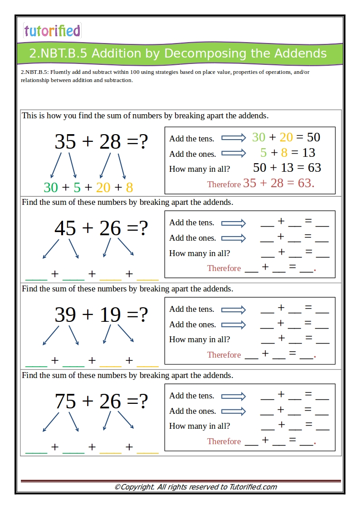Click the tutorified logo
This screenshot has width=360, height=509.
(x=52, y=30)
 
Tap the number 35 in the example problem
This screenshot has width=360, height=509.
(x=65, y=142)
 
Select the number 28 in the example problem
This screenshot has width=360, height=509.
(x=110, y=142)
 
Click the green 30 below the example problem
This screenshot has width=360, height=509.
(x=51, y=187)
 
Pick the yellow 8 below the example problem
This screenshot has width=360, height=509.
(x=129, y=187)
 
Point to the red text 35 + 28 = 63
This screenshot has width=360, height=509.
(x=278, y=183)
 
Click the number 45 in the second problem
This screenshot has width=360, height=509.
(x=65, y=228)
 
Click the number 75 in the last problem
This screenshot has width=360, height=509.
(x=65, y=402)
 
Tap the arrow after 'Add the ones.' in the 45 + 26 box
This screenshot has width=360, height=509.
(x=233, y=238)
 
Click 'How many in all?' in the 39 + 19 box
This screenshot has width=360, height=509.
(x=199, y=339)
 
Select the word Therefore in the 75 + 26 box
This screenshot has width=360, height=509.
(x=224, y=441)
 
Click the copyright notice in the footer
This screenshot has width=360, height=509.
(x=195, y=487)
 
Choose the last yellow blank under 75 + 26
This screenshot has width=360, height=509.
(x=148, y=452)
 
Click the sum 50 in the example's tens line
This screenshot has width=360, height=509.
(x=313, y=137)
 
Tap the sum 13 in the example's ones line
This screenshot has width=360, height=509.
(x=308, y=153)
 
